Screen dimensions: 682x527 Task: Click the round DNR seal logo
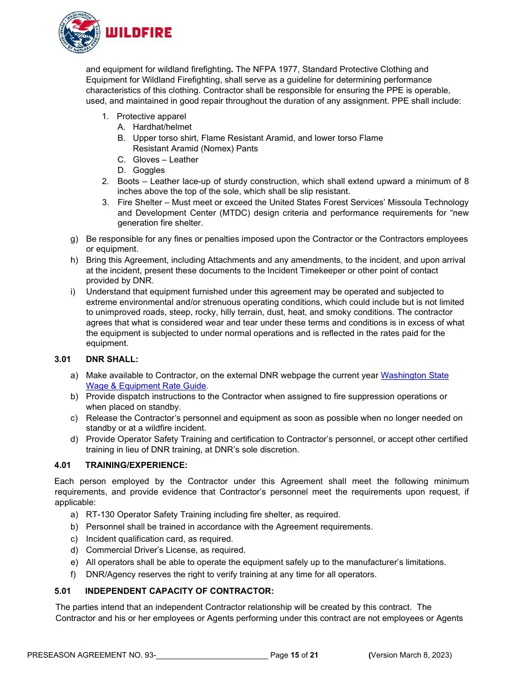click(79, 32)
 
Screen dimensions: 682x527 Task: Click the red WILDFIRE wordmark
click(139, 33)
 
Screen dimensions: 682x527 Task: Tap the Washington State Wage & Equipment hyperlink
click(414, 375)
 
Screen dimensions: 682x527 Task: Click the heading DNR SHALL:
click(112, 359)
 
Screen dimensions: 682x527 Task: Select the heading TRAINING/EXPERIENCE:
click(136, 465)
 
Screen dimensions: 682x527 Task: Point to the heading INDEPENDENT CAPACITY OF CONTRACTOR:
click(179, 591)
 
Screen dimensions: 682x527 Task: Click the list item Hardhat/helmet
click(162, 127)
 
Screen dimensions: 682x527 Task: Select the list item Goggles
click(149, 170)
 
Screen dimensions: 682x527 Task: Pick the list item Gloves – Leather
click(165, 160)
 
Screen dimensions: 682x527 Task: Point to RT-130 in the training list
click(100, 515)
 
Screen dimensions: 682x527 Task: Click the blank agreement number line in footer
click(212, 655)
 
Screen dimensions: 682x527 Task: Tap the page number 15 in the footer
click(295, 655)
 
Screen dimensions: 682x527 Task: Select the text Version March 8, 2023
click(411, 655)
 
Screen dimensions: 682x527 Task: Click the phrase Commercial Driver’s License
click(138, 550)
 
